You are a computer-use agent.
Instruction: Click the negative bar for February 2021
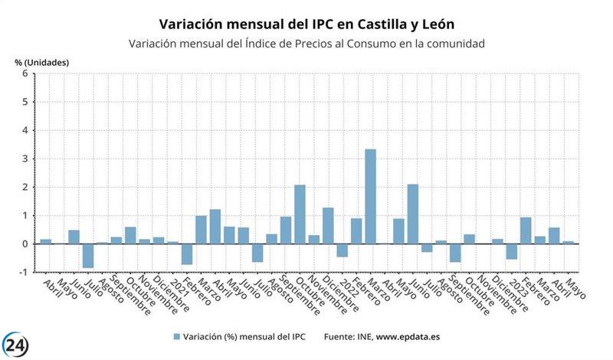[187, 254]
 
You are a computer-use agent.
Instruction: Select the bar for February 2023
[526, 231]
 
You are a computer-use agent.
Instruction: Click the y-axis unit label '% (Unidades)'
[42, 61]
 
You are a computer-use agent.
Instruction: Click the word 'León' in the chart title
[443, 25]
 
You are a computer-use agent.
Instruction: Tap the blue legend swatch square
[176, 336]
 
